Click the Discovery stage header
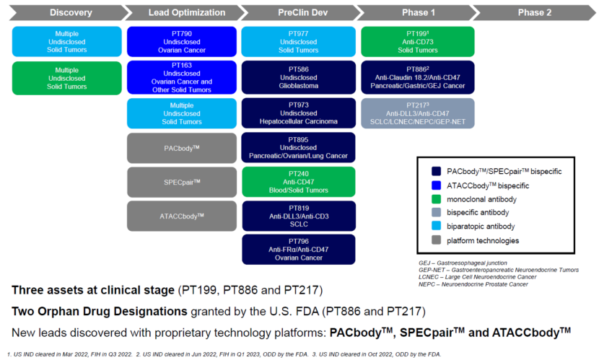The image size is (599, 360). (x=61, y=12)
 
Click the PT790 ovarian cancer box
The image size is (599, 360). (x=182, y=41)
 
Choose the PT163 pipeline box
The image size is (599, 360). (x=182, y=77)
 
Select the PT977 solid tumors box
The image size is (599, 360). (x=298, y=41)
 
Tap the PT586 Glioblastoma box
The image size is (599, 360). (x=298, y=77)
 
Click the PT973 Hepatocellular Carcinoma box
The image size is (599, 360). (x=298, y=113)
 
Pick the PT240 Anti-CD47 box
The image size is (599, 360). (x=298, y=181)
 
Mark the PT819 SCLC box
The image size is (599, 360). (x=298, y=215)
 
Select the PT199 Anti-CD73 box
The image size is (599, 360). (x=416, y=41)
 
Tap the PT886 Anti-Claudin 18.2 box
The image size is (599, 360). (x=416, y=77)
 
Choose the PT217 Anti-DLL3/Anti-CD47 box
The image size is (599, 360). (x=416, y=113)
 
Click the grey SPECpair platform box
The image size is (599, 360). (x=182, y=181)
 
